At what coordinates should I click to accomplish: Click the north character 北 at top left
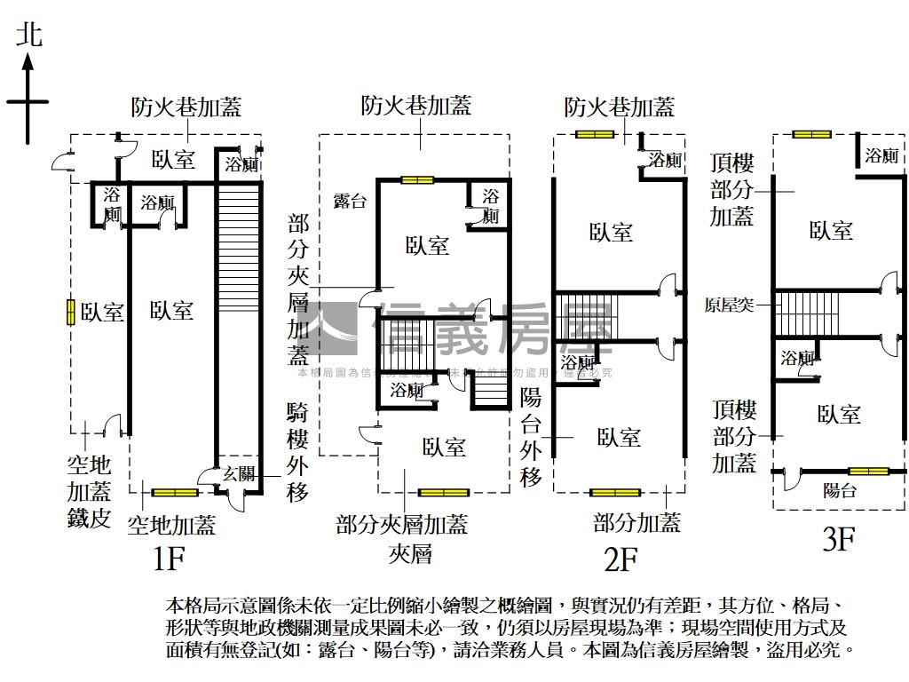point(28,36)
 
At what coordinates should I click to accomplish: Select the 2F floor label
point(620,559)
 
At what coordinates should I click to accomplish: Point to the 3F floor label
point(837,540)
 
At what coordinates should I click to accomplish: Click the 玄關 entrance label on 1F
point(238,473)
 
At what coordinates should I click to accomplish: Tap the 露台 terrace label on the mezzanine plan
point(349,201)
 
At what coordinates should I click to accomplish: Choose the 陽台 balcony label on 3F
point(839,490)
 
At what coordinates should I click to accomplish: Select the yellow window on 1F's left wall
point(69,313)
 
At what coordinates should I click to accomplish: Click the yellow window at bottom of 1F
point(174,492)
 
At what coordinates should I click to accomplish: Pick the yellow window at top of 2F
point(594,134)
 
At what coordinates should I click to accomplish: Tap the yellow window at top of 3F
point(811,134)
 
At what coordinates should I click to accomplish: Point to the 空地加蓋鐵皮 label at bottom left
point(89,491)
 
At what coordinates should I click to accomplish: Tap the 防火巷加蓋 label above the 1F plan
point(186,107)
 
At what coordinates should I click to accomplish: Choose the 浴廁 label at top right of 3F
point(881,156)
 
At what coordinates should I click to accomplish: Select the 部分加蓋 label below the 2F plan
point(637,523)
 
